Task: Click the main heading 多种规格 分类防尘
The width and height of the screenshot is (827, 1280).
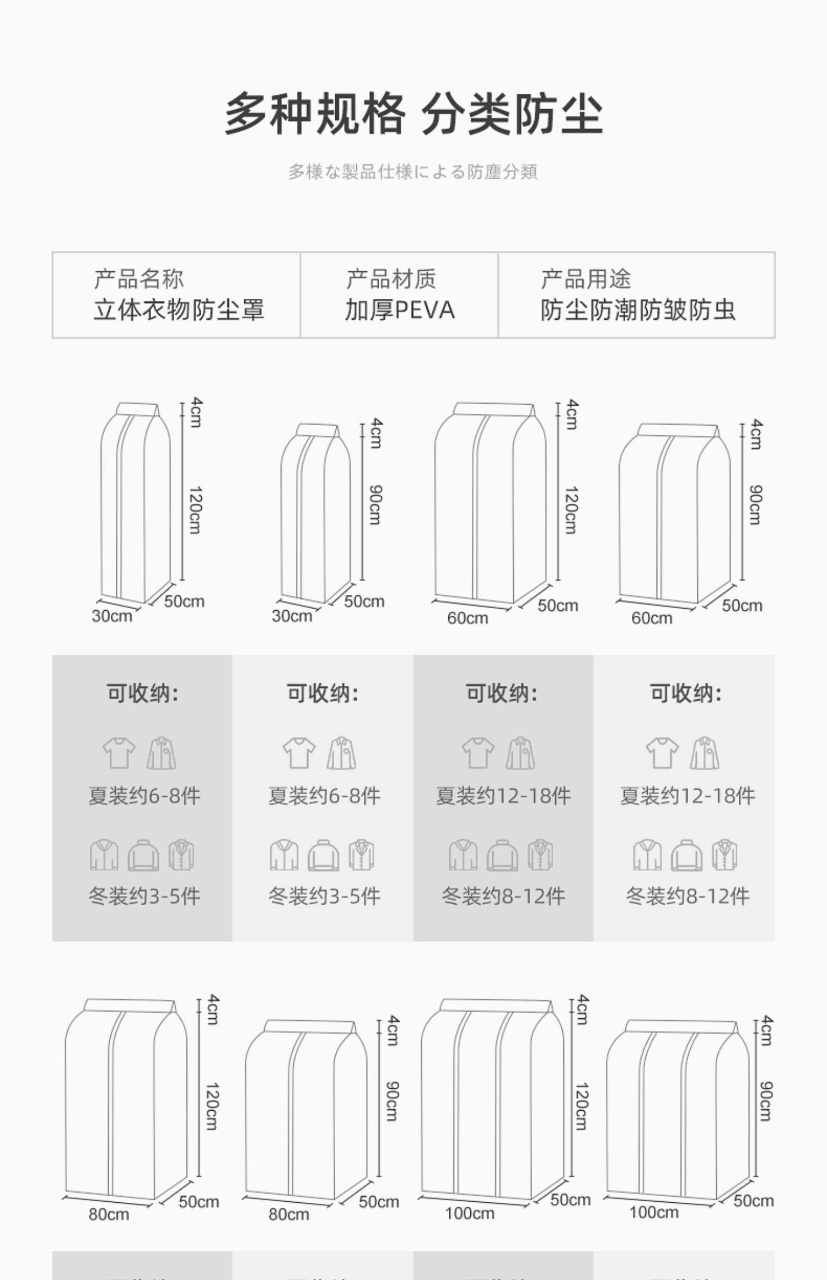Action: pyautogui.click(x=413, y=114)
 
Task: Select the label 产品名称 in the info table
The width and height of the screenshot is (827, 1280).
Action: pyautogui.click(x=138, y=279)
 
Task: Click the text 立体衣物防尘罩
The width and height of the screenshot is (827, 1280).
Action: pyautogui.click(x=179, y=310)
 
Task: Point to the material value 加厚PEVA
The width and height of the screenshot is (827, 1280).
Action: pyautogui.click(x=400, y=310)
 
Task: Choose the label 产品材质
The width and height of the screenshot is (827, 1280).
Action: pyautogui.click(x=391, y=279)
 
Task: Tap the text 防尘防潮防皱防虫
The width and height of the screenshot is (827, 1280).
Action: pyautogui.click(x=638, y=310)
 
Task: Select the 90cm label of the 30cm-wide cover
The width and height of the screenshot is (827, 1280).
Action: pyautogui.click(x=375, y=504)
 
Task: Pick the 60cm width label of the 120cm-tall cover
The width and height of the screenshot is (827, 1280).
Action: pyautogui.click(x=468, y=618)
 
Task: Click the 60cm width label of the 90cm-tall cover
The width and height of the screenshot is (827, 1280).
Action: pyautogui.click(x=652, y=618)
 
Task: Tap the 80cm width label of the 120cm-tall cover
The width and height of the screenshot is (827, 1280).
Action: pyautogui.click(x=109, y=1214)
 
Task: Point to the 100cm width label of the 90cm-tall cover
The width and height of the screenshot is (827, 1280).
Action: pyautogui.click(x=654, y=1212)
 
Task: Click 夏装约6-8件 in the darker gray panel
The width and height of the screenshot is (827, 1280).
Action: pyautogui.click(x=144, y=796)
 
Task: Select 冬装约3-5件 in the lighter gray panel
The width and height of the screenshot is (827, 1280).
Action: pyautogui.click(x=324, y=896)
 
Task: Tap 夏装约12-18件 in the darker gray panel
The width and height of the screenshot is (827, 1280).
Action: pyautogui.click(x=503, y=796)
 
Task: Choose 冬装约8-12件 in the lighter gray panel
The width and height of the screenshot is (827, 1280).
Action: pyautogui.click(x=688, y=896)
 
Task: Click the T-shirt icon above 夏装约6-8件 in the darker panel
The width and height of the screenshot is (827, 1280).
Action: pyautogui.click(x=119, y=753)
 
